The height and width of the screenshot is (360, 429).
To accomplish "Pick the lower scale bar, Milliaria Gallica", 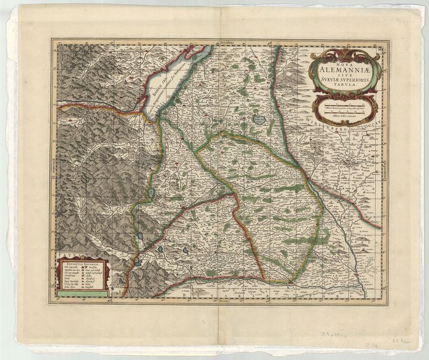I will coord(343,113).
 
